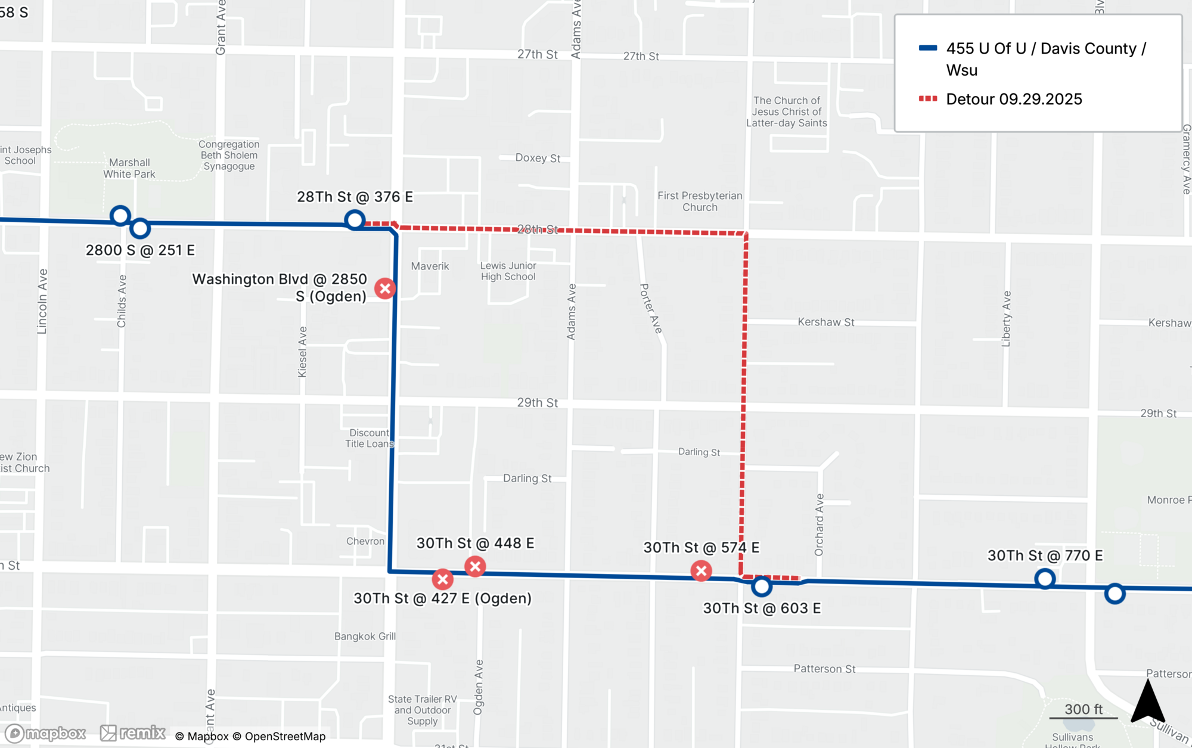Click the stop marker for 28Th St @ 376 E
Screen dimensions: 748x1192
coord(355,220)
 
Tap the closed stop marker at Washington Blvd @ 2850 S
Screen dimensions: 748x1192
coord(385,288)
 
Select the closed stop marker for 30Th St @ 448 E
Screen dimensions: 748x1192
coord(475,566)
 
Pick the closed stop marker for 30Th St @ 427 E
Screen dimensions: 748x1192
coord(442,579)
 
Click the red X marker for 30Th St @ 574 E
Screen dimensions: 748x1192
coord(701,571)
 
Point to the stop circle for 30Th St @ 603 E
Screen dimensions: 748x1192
coord(761,586)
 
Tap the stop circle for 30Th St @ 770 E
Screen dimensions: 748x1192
coord(1045,578)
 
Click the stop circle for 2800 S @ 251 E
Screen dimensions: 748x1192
coord(140,228)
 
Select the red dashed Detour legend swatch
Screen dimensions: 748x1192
coord(927,99)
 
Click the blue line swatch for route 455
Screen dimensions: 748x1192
coord(927,48)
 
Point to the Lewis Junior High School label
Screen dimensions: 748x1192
coord(508,271)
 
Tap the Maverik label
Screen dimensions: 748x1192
coord(430,266)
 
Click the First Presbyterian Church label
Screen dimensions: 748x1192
coord(700,201)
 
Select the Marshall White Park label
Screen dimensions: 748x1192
coord(129,168)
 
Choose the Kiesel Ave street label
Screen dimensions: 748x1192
coord(302,352)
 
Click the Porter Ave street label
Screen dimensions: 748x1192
coord(651,308)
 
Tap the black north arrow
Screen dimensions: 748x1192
coord(1147,702)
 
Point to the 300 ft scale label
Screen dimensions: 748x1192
coord(1083,709)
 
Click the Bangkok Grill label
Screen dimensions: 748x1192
coord(365,637)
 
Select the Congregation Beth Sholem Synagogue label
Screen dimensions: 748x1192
coord(229,155)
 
